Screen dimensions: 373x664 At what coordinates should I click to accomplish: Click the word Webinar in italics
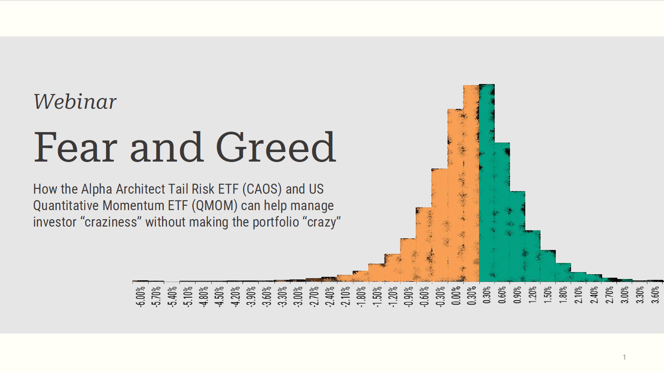pos(75,102)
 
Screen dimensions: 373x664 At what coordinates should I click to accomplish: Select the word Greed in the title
pos(275,147)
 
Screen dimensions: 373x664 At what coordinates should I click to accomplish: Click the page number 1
pos(624,357)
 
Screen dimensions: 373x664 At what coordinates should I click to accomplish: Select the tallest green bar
pos(486,182)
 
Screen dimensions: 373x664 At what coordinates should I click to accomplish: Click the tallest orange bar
pos(471,182)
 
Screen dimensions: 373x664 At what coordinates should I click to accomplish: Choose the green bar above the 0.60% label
pos(502,212)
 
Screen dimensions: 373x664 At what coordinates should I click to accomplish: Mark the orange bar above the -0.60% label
pos(424,245)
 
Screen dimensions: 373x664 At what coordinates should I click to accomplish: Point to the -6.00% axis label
pos(140,296)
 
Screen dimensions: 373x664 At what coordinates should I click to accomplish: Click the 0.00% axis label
pos(456,296)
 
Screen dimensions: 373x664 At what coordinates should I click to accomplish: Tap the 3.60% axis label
pos(655,295)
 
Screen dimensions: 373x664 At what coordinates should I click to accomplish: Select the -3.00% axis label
pos(298,296)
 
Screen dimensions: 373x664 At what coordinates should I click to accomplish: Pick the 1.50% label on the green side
pos(548,295)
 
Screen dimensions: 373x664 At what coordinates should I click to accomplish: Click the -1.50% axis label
pos(377,296)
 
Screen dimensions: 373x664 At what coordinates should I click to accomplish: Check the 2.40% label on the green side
pos(594,295)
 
